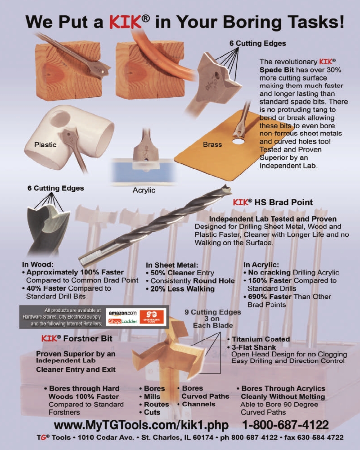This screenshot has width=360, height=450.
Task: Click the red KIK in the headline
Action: pos(126,22)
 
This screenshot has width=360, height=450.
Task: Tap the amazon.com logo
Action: pos(122,313)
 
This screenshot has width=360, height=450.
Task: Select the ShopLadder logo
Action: pos(122,321)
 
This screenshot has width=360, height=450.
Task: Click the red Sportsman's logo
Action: pos(152,316)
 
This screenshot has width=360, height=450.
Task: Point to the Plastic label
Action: pos(45,144)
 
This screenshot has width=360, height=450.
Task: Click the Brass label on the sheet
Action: pos(212,144)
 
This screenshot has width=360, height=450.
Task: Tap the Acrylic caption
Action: pos(144,190)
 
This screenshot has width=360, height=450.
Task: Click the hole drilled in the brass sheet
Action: pos(238,141)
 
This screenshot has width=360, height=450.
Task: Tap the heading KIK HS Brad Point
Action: pos(273,202)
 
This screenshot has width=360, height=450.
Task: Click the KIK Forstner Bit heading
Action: pos(76,339)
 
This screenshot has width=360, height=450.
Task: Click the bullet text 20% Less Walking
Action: pos(182,289)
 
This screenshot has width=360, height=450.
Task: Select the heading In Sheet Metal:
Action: pos(171,265)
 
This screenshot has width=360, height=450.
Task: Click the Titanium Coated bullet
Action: pos(261,339)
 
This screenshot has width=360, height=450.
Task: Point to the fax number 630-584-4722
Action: pos(319,438)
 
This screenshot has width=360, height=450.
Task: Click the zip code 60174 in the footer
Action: pos(204,438)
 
